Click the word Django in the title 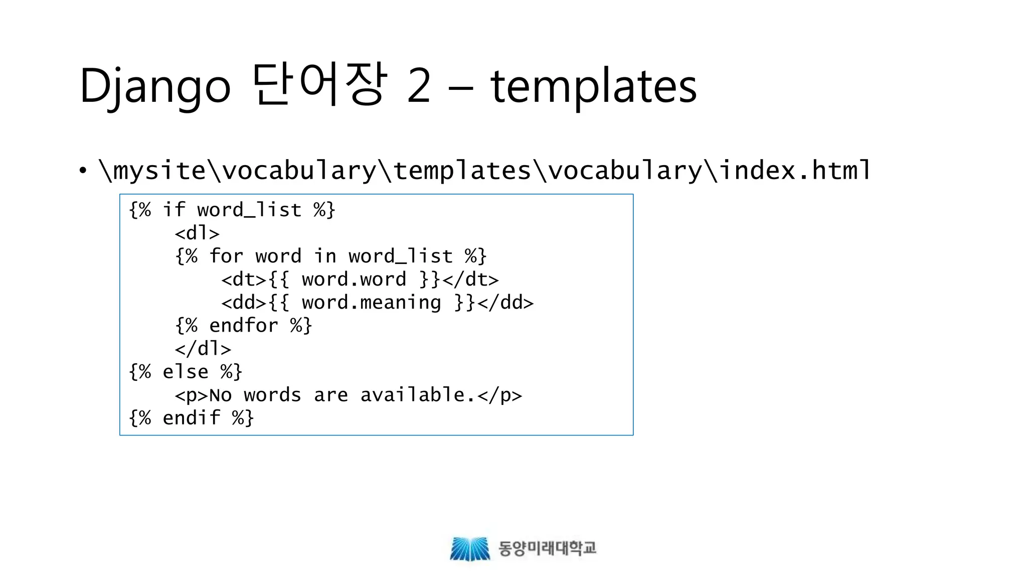coord(154,86)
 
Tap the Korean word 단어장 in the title coord(319,85)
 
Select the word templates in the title coord(593,86)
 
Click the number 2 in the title coord(419,86)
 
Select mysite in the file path coord(159,170)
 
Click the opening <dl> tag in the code coord(197,233)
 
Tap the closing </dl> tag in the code coord(203,349)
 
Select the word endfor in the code coord(243,326)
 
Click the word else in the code coord(185,372)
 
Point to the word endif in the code coord(191,418)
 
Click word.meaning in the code coord(371,303)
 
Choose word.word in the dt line coord(354,279)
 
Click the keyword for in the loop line coord(226,256)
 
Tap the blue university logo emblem coord(469,548)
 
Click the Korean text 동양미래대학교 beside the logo coord(547,548)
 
